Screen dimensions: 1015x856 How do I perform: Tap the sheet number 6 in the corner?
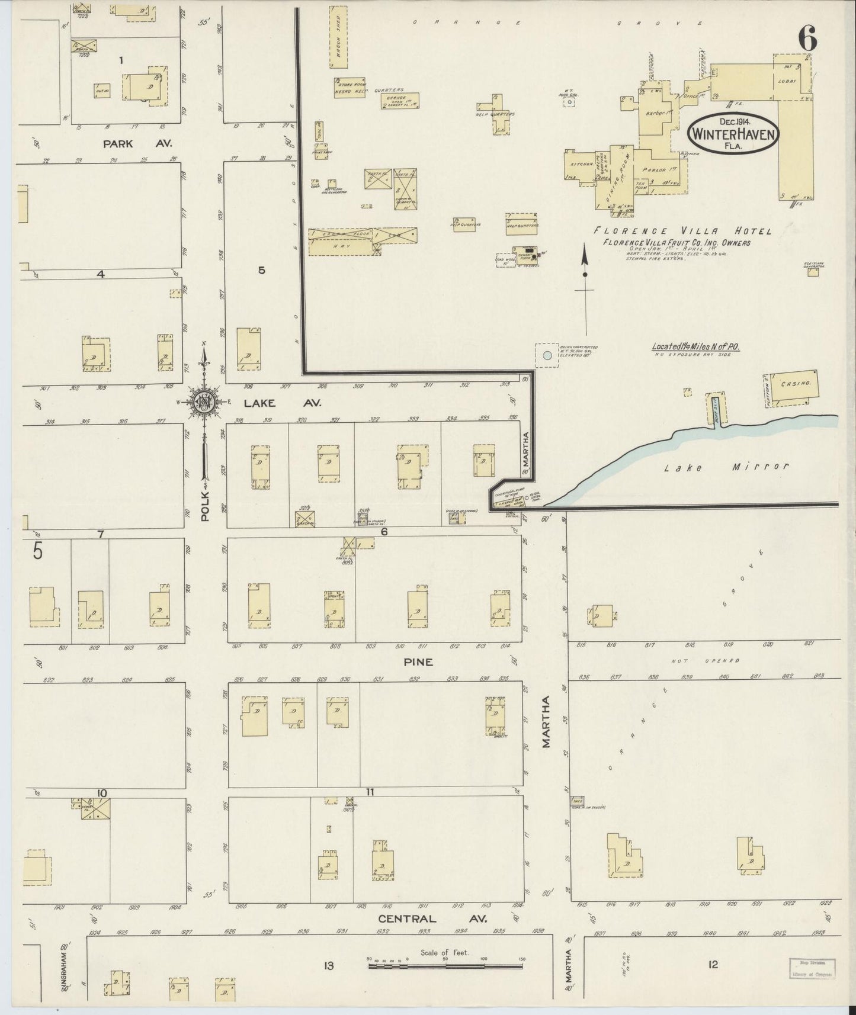tap(807, 39)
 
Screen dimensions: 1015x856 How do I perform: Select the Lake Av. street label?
tap(281, 403)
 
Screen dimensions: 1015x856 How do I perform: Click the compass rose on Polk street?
tap(204, 402)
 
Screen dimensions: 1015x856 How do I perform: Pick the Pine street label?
tap(418, 662)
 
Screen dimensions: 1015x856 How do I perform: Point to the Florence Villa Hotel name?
tap(683, 231)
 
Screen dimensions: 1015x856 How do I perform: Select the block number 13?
tap(328, 966)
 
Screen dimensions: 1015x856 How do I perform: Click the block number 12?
tap(713, 965)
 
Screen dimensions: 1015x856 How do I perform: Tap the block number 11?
tap(370, 792)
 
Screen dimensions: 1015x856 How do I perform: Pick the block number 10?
tap(102, 793)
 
